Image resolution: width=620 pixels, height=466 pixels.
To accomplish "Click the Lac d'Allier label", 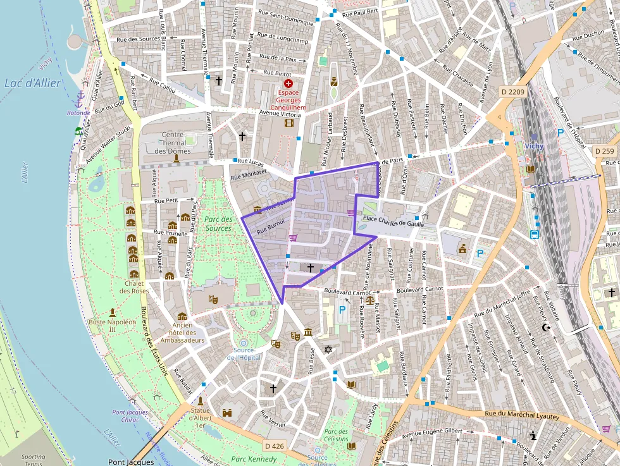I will (x=32, y=83).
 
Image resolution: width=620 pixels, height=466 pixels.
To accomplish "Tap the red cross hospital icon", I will (x=288, y=83).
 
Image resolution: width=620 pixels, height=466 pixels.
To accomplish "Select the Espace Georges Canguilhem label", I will (x=288, y=100).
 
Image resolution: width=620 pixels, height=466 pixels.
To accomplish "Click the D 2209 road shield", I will (x=512, y=92).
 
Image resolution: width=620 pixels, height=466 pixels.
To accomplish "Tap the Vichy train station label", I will (x=535, y=146).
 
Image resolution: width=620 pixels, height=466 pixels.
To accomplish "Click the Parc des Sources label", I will (x=218, y=223).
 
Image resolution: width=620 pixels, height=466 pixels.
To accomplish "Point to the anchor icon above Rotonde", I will (x=80, y=100).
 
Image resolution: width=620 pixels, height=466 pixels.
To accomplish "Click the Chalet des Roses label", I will (x=134, y=286).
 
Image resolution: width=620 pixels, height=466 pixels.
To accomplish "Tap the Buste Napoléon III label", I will (x=113, y=326).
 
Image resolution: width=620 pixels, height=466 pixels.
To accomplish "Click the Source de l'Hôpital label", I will (x=244, y=353).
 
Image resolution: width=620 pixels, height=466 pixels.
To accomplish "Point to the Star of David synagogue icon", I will (x=328, y=350).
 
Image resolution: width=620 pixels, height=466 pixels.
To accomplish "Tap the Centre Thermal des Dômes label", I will (x=173, y=142).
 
